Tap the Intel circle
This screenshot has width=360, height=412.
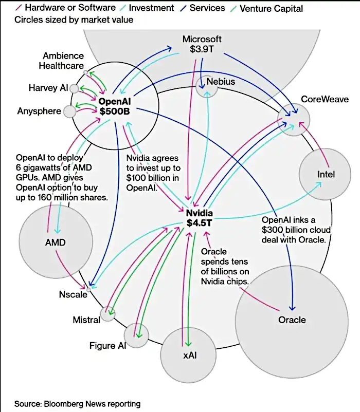click(326, 175)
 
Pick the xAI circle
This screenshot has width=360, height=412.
click(186, 354)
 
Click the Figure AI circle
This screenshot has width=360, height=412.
click(136, 335)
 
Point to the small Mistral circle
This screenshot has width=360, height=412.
click(107, 314)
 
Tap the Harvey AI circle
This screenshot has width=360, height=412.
click(74, 89)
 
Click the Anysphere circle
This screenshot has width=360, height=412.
click(69, 111)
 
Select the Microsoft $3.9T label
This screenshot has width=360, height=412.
click(202, 45)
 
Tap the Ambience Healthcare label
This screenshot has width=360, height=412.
click(63, 61)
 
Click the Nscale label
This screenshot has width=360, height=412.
click(72, 295)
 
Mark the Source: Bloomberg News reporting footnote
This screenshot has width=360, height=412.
click(77, 404)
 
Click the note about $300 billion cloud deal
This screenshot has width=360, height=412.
click(296, 230)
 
